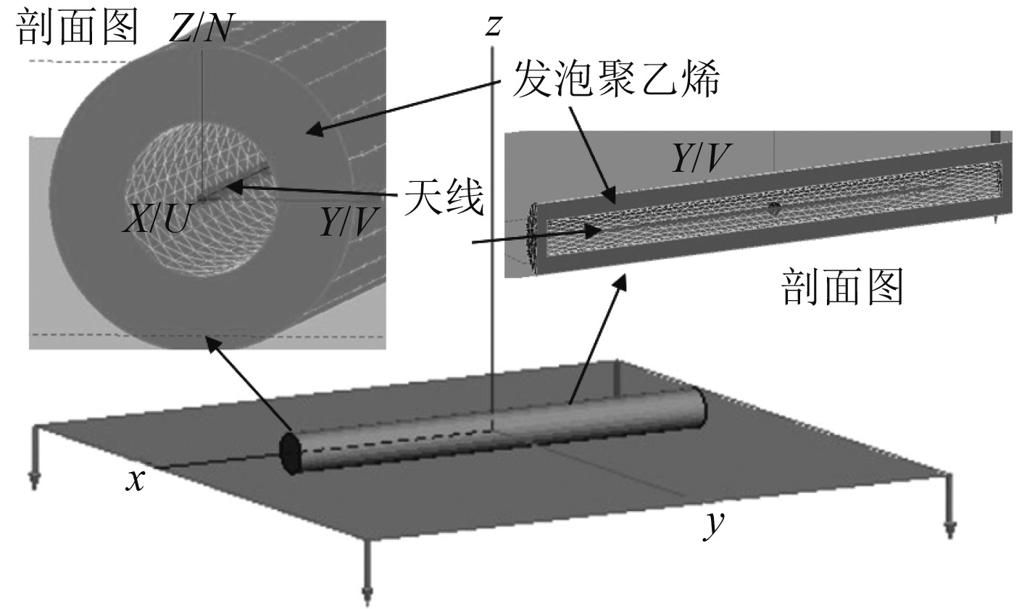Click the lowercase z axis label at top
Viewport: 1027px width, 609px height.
click(x=494, y=25)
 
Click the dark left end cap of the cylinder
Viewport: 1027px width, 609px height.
click(x=290, y=454)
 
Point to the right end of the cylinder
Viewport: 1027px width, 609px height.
click(x=699, y=409)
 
